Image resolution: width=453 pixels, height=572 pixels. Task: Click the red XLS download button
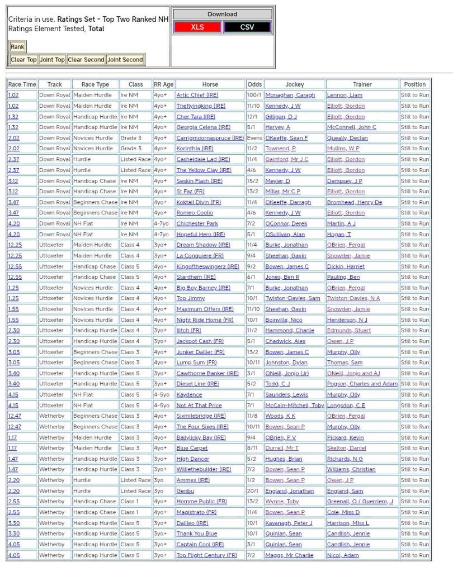click(197, 27)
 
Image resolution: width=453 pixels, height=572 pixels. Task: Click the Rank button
click(17, 47)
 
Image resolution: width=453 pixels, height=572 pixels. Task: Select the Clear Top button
click(23, 60)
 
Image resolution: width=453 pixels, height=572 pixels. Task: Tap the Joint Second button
click(125, 60)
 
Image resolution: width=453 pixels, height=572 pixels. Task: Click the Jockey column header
click(294, 84)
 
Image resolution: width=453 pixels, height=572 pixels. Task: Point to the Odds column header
click(254, 84)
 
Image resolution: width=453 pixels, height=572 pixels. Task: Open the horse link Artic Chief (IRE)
click(197, 95)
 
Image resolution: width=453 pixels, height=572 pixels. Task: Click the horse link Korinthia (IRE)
click(195, 149)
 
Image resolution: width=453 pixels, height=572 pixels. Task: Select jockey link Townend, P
click(280, 149)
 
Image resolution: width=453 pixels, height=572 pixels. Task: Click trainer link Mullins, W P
click(343, 149)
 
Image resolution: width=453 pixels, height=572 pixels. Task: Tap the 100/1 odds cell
click(254, 95)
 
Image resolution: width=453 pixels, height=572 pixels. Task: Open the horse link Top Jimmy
click(191, 298)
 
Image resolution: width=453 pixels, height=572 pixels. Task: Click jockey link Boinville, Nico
click(284, 320)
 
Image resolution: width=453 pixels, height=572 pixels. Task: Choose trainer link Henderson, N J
click(347, 320)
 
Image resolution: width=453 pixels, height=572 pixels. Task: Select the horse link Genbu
click(185, 491)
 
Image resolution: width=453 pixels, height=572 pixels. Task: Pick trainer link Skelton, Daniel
click(346, 448)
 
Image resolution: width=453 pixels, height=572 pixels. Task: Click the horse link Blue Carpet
click(192, 448)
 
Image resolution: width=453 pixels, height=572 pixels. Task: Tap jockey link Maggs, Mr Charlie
click(289, 555)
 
